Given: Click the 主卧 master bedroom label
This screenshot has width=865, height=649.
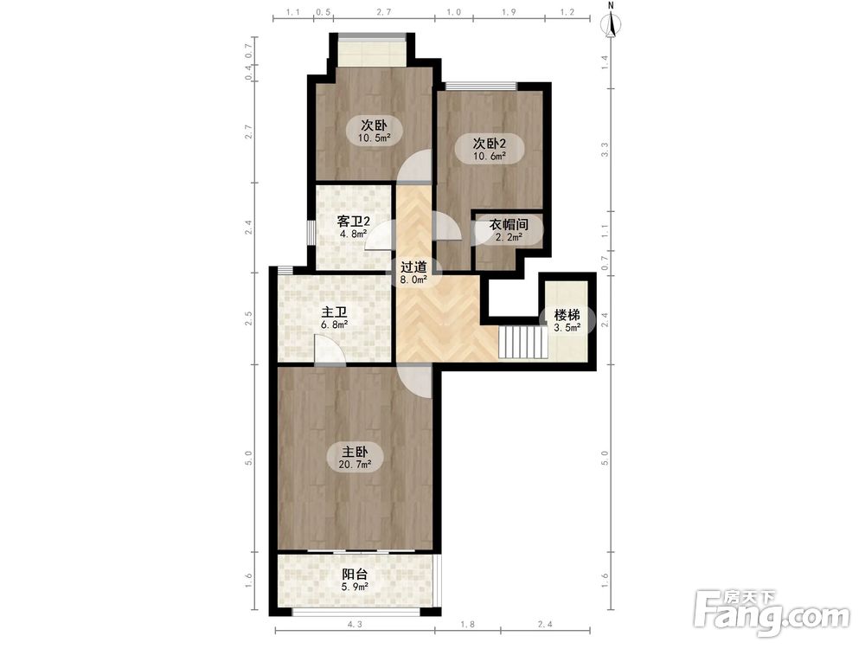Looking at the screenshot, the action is pyautogui.click(x=355, y=452).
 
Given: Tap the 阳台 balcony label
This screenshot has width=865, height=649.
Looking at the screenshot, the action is pyautogui.click(x=355, y=575).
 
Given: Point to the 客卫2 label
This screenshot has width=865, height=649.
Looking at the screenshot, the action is pyautogui.click(x=353, y=222).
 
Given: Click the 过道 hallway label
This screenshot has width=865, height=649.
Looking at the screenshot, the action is pyautogui.click(x=413, y=267).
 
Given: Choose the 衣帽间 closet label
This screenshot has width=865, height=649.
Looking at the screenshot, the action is pyautogui.click(x=509, y=225).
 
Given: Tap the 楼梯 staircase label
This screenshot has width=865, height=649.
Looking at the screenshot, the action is pyautogui.click(x=567, y=316).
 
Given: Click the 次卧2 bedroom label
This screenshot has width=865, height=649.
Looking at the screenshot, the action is pyautogui.click(x=490, y=144).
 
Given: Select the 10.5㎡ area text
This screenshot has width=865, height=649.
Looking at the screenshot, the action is pyautogui.click(x=374, y=138).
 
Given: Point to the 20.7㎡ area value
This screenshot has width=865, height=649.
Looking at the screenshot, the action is pyautogui.click(x=355, y=465).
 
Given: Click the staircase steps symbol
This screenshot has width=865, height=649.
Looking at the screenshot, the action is pyautogui.click(x=523, y=342).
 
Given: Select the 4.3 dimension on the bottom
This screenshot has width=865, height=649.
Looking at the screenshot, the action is pyautogui.click(x=355, y=625).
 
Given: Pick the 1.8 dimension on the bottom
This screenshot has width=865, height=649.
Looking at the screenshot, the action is pyautogui.click(x=467, y=625).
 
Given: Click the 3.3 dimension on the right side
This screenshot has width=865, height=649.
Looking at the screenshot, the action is pyautogui.click(x=605, y=149).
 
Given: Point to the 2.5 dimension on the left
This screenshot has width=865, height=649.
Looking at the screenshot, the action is pyautogui.click(x=249, y=318).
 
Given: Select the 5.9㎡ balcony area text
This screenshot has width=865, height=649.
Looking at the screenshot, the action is pyautogui.click(x=355, y=588).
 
